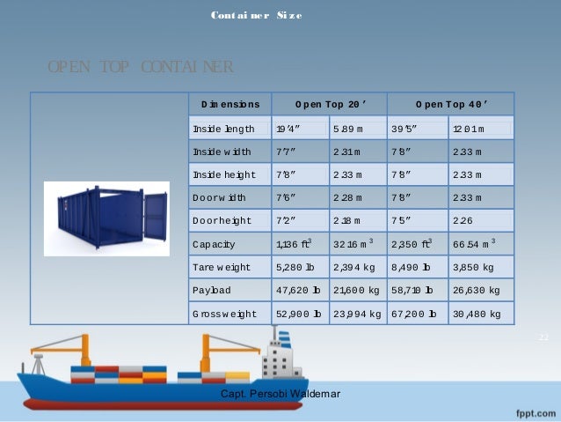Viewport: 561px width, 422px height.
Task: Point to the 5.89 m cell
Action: coord(351,129)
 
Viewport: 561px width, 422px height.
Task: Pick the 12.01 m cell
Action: coord(480,129)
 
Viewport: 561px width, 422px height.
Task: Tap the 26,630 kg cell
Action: coord(480,289)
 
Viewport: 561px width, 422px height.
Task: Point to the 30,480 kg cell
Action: coord(480,313)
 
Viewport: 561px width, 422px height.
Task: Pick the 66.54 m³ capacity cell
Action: coord(479,243)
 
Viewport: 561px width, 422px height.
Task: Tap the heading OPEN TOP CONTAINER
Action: coord(141,67)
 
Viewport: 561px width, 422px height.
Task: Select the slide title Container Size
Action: coord(256,16)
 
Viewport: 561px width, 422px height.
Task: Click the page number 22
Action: coord(543,337)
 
